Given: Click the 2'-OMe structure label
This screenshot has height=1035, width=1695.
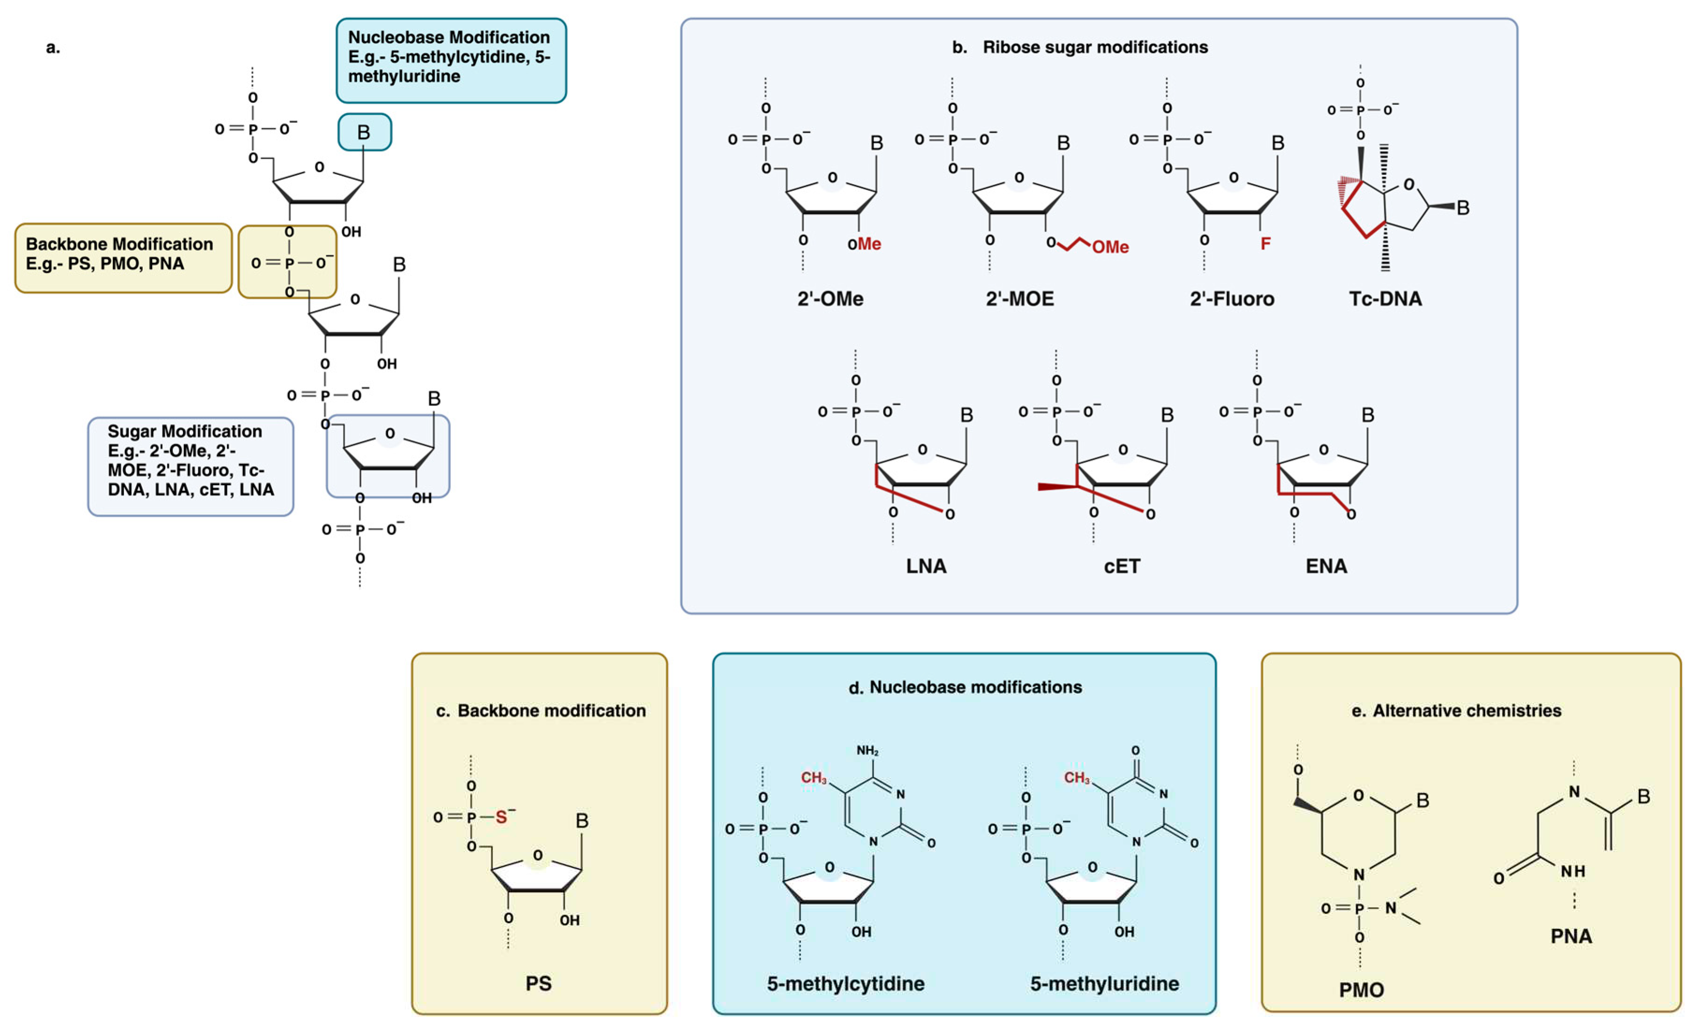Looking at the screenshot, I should [830, 299].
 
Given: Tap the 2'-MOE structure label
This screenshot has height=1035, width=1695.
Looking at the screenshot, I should [1019, 299].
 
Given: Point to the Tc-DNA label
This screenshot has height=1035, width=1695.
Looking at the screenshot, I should [1385, 299].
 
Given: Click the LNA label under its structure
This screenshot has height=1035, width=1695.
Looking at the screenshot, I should [926, 566].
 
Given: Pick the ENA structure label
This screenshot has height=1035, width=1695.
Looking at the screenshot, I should [1326, 566].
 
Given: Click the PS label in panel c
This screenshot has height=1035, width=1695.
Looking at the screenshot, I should [538, 984].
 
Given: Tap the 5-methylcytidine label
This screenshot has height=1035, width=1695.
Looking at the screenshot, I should [846, 984].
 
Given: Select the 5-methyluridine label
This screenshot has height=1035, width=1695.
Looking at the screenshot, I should [1104, 984].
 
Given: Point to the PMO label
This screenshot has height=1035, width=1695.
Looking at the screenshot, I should [1361, 990].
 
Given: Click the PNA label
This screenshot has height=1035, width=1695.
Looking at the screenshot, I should [1571, 936].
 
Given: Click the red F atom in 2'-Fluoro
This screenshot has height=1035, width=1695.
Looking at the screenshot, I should [1265, 244].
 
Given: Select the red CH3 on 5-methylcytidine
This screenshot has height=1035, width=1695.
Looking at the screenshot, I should [813, 778].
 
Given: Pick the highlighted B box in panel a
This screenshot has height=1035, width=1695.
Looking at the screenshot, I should [364, 132].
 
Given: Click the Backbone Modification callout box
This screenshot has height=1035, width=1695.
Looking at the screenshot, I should [123, 258].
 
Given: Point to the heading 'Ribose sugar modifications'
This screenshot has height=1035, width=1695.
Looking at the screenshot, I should [1095, 47].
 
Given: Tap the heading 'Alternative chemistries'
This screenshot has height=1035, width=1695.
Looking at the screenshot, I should [1467, 710].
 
